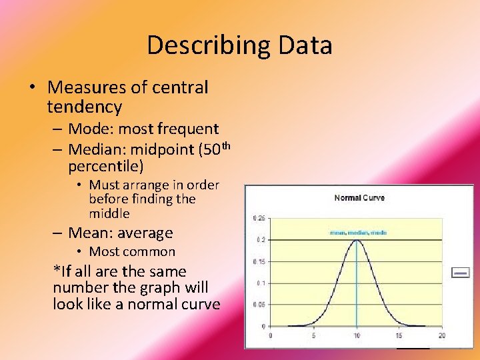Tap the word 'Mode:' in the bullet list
(91, 129)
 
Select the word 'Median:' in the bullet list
(99, 149)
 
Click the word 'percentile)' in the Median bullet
(105, 165)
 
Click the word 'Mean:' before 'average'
(91, 233)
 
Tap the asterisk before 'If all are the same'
(56, 271)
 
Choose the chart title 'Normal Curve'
(359, 198)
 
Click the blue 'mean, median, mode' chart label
(357, 233)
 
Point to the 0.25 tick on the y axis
(259, 218)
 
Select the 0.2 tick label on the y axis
(260, 239)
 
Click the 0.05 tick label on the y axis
(259, 305)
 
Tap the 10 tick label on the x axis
(357, 335)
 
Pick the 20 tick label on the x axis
(442, 335)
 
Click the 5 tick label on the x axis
(313, 335)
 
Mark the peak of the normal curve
(357, 241)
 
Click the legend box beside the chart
(460, 273)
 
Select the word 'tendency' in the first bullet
(85, 107)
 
